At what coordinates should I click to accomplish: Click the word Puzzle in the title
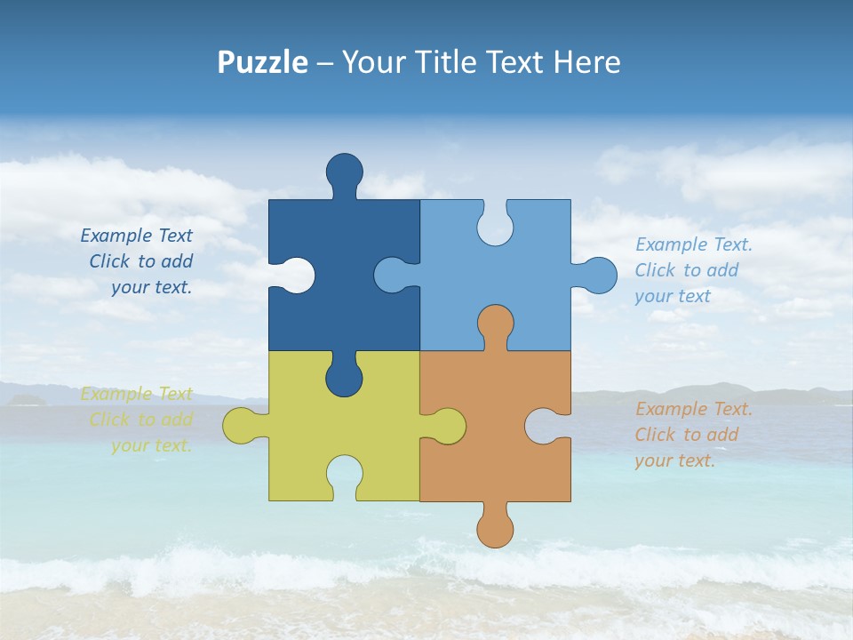pyautogui.click(x=263, y=63)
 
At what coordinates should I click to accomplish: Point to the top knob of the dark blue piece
pyautogui.click(x=344, y=172)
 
